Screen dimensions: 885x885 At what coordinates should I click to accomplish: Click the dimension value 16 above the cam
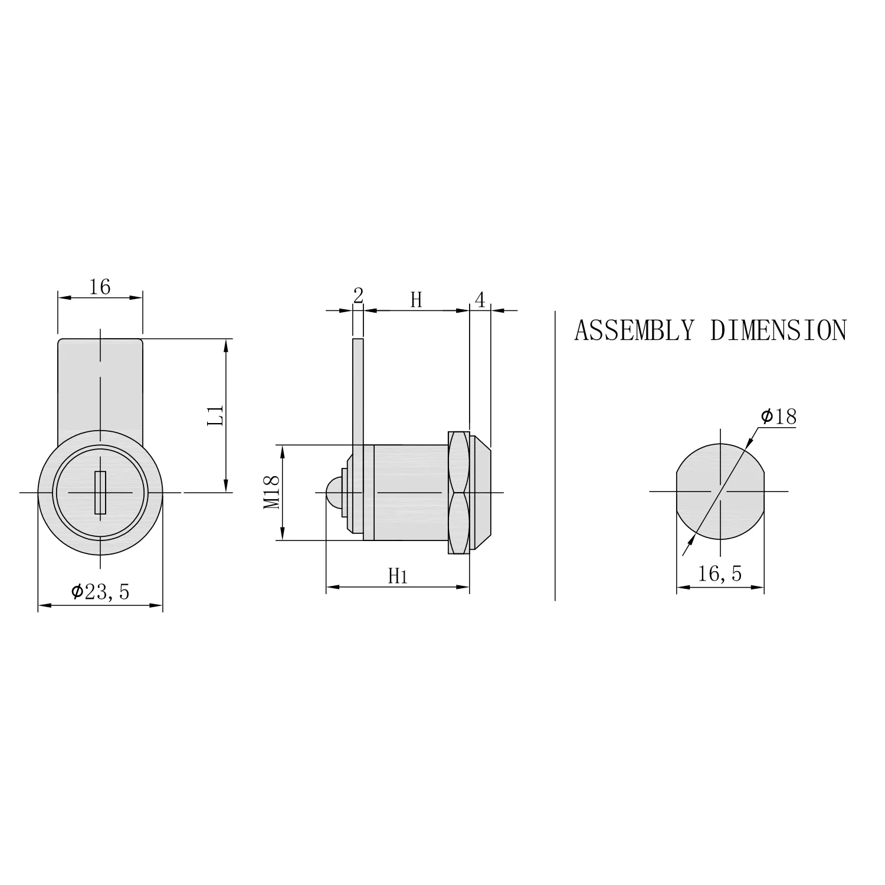coord(100,287)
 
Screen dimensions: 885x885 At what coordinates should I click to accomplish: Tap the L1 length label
coord(217,415)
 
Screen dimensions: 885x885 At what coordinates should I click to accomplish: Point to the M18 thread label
coord(271,493)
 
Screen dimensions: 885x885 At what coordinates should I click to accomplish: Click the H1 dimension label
coord(398,576)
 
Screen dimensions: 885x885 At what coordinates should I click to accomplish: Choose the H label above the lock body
coord(417,300)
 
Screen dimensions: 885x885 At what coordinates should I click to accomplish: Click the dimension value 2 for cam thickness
coord(358,296)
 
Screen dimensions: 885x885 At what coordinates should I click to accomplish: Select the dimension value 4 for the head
coord(480,300)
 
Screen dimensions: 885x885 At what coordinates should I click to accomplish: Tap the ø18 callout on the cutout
coord(778,417)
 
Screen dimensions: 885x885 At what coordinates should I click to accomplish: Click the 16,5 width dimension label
coord(720,573)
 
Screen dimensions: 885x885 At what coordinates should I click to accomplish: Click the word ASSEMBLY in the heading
coord(634,330)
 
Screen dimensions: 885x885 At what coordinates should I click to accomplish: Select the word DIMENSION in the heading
coord(778,330)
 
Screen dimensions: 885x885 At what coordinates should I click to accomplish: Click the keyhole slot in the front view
coord(100,492)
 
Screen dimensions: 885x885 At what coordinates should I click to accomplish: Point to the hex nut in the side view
coord(458,492)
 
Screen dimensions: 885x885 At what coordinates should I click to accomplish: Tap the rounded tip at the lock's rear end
coord(332,492)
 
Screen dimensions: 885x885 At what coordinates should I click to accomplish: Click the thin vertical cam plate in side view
coord(358,389)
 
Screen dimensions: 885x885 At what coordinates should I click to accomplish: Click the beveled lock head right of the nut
coord(480,492)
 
